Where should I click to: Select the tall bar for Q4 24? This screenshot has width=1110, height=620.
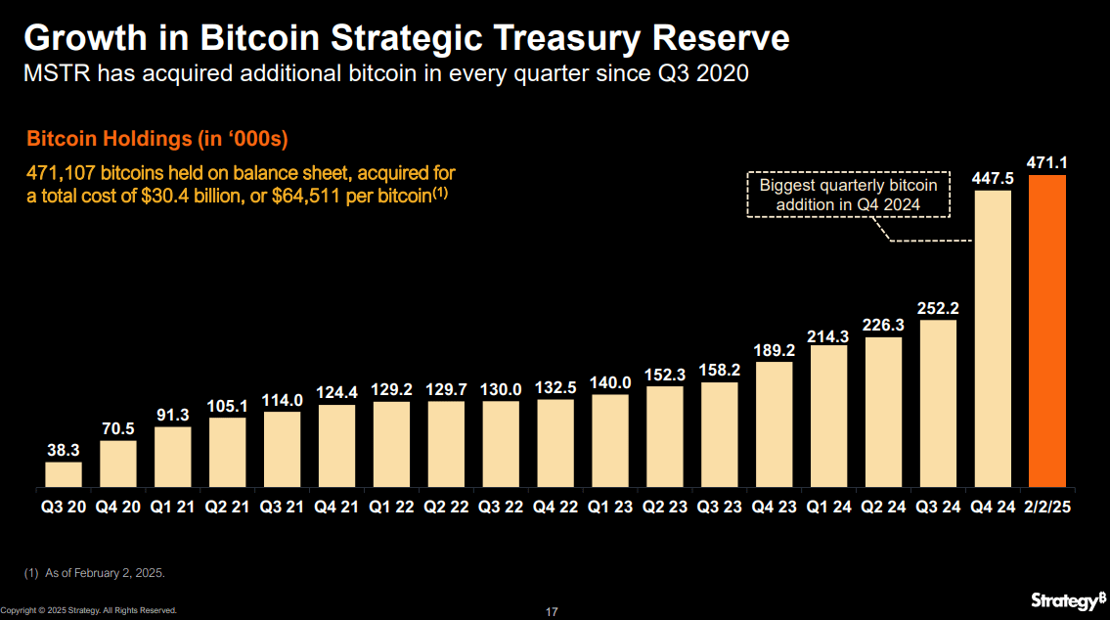(993, 339)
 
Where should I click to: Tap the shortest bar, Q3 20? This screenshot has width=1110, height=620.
(64, 474)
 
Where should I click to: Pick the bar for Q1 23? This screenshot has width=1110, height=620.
(610, 440)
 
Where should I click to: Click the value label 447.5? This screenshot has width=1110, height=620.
(993, 178)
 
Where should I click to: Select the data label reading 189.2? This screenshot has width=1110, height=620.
(774, 350)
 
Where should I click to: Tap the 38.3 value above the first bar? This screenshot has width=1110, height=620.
(64, 451)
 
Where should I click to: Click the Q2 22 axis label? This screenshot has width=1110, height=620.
(447, 509)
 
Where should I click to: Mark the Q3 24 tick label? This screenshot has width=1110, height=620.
(938, 509)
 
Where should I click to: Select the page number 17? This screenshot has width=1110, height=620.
(552, 612)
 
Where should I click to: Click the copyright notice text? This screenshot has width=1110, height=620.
(89, 610)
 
